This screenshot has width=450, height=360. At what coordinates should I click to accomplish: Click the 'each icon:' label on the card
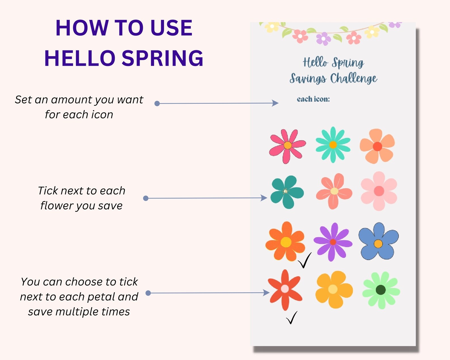click(x=313, y=99)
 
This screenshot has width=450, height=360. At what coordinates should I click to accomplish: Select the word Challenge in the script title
click(x=353, y=79)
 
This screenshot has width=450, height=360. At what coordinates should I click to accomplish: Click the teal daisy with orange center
click(x=333, y=145)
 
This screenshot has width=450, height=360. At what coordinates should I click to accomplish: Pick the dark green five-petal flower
click(x=286, y=192)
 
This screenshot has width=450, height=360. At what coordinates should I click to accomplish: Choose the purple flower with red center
click(x=333, y=242)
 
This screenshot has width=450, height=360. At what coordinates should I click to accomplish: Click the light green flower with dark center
click(x=381, y=290)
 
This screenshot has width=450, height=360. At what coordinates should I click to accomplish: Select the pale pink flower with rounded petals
click(x=379, y=191)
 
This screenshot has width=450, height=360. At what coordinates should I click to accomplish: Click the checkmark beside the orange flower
click(x=304, y=261)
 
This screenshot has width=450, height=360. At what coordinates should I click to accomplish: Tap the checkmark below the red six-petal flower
click(x=292, y=318)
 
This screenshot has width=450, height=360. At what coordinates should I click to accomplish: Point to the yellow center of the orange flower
click(x=286, y=242)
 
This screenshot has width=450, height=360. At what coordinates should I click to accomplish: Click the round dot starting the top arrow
click(x=157, y=103)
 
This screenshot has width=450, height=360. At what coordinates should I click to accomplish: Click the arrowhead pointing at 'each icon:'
click(x=275, y=103)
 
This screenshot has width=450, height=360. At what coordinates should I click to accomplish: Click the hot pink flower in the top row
click(x=287, y=146)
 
